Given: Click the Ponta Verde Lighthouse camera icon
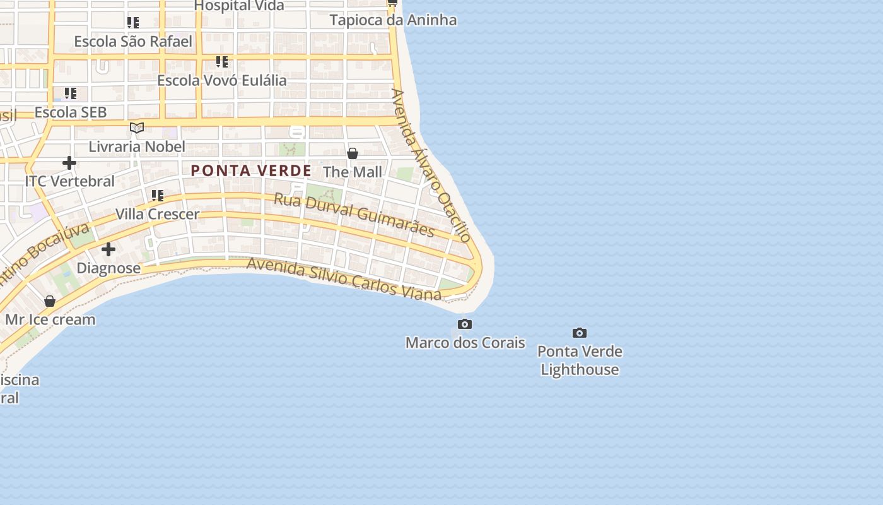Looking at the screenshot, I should pos(579,333).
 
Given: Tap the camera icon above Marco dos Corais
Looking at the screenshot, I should pos(465,324).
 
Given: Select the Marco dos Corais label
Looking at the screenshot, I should pos(465,343).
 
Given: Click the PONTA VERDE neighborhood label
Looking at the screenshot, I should pos(251,170).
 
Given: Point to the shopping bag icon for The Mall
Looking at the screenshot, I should pos(353,153).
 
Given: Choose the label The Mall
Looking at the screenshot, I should pos(353,172).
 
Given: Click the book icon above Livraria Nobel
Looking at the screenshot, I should pos(137,128).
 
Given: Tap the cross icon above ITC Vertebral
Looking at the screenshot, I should pos(69,163).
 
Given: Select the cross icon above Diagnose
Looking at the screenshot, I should pos(108,249).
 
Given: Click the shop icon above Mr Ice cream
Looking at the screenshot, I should pos(50,301).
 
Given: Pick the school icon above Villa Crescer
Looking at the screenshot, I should pos(157,196).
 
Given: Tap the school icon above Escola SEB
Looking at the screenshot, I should pos(70,93).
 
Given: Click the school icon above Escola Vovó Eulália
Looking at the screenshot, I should pos(221,62).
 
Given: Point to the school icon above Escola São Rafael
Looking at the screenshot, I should pos(132,23).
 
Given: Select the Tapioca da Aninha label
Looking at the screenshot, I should pos(393,20).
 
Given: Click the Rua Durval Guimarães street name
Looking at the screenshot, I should pos(354,215).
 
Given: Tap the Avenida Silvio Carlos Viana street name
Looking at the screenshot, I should pos(344,278).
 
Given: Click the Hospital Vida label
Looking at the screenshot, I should pos(239,6).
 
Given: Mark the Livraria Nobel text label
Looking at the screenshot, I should pos(137,147).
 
